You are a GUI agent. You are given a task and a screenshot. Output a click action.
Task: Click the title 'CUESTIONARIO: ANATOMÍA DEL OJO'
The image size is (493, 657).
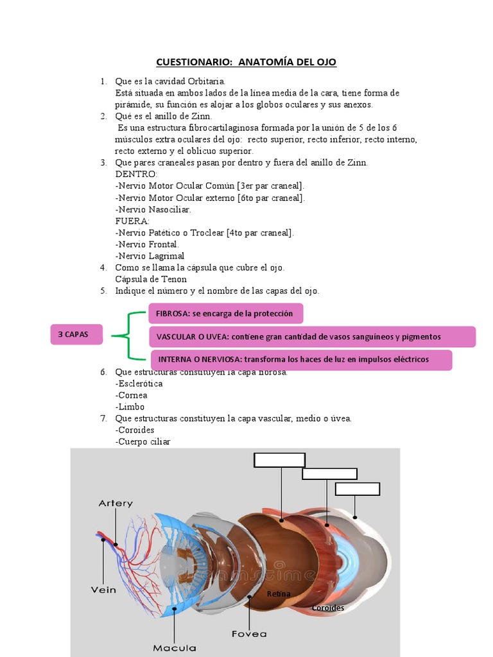pyautogui.click(x=246, y=62)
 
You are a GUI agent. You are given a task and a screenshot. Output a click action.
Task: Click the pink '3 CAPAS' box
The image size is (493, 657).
pyautogui.click(x=76, y=334)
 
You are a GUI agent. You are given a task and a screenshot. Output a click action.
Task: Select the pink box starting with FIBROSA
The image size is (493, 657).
pyautogui.click(x=225, y=314)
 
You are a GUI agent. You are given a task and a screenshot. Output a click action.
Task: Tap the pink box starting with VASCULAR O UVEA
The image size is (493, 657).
pyautogui.click(x=313, y=337)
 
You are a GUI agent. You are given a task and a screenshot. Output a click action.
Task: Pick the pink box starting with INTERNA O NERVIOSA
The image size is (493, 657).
pyautogui.click(x=301, y=359)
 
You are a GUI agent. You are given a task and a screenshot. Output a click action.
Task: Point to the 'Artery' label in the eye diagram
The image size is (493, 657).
pyautogui.click(x=116, y=504)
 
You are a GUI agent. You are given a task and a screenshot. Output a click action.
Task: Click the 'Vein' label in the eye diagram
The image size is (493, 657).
pyautogui.click(x=103, y=589)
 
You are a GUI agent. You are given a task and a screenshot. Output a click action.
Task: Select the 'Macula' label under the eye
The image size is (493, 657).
pyautogui.click(x=174, y=648)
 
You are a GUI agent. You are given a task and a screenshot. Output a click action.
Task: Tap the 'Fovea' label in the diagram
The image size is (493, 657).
pyautogui.click(x=249, y=634)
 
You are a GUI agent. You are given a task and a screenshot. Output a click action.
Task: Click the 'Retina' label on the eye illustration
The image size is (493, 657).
pyautogui.click(x=279, y=594)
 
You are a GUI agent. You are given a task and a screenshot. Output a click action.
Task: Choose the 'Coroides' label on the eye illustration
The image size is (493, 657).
pyautogui.click(x=328, y=608)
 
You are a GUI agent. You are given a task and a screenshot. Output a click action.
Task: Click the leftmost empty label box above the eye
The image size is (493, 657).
pyautogui.click(x=279, y=460)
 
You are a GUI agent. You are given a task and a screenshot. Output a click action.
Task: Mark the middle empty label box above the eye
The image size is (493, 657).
pyautogui.click(x=329, y=474)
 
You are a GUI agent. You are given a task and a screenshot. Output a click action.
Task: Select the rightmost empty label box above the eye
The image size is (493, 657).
pyautogui.click(x=358, y=489)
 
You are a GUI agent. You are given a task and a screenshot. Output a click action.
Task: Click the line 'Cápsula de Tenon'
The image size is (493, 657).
pyautogui.click(x=151, y=279)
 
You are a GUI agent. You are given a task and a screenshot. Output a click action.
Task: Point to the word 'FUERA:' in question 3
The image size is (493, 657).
pyautogui.click(x=132, y=221)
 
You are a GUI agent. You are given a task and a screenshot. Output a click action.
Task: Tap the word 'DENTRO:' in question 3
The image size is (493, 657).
pyautogui.click(x=136, y=175)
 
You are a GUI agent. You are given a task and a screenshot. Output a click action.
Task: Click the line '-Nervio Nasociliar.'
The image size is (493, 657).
pyautogui.click(x=153, y=209)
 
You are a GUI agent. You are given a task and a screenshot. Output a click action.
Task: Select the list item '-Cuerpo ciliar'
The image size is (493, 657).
pyautogui.click(x=143, y=441)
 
